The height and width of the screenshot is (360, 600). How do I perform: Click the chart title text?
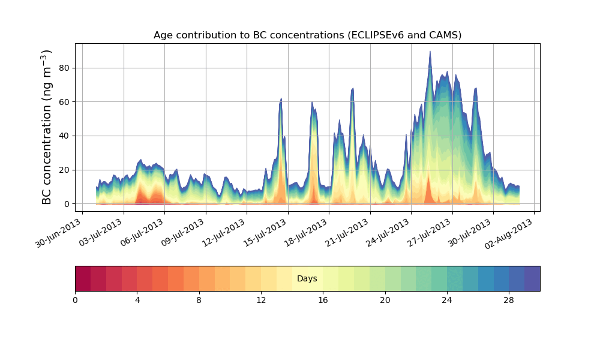click(307, 35)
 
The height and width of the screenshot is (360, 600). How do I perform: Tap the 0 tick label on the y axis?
click(67, 204)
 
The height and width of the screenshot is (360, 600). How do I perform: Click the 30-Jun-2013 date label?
click(58, 233)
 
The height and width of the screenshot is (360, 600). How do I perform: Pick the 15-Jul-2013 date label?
click(264, 233)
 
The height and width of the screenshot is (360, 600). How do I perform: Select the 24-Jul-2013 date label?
click(387, 233)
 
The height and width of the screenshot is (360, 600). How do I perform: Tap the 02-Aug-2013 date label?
click(510, 233)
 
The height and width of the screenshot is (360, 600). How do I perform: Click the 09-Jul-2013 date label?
click(182, 233)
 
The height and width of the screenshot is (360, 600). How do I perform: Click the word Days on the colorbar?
click(307, 279)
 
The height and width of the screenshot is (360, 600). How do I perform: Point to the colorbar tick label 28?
click(509, 300)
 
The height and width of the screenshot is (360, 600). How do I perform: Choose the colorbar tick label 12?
click(261, 300)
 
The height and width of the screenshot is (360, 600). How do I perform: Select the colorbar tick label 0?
click(75, 300)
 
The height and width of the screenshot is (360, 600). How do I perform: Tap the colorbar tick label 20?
click(385, 300)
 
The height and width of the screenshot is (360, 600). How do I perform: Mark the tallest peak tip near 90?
click(430, 52)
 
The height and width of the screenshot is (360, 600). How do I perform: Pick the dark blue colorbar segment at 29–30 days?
click(532, 278)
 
